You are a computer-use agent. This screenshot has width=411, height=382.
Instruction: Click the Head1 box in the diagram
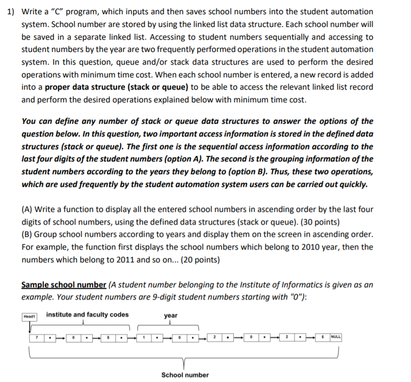[29, 316]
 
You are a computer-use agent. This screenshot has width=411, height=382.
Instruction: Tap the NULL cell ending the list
[335, 337]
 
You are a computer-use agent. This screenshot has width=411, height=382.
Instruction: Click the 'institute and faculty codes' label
[87, 314]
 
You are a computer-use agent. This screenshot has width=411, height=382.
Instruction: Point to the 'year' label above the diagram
[171, 315]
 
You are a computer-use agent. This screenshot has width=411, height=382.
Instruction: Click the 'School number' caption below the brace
[185, 375]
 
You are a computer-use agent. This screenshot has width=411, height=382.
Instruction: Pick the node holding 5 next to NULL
[323, 337]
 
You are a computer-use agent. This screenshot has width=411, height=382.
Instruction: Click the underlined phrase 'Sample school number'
[64, 285]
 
